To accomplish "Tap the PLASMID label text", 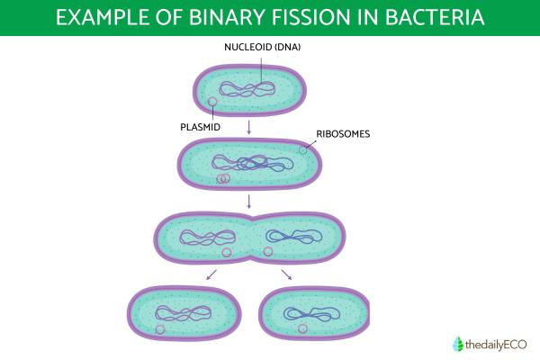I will (x=202, y=127).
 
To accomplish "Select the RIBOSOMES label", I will (x=344, y=134).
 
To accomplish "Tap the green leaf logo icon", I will (x=454, y=342).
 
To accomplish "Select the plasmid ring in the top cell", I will (x=212, y=102).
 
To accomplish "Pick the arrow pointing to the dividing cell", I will (x=249, y=200).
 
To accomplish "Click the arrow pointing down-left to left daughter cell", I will (x=211, y=274).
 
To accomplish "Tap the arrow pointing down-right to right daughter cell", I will (x=287, y=274).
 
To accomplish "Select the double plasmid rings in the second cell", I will (x=222, y=178).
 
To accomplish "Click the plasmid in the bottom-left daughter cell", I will (x=160, y=330).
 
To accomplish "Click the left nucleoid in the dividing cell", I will (x=203, y=238).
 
